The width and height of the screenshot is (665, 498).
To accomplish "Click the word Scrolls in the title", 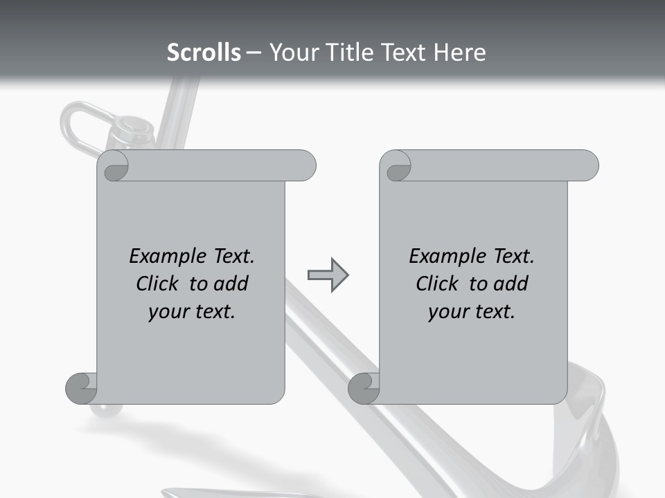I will [204, 53].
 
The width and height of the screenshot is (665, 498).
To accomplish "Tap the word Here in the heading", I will [460, 53].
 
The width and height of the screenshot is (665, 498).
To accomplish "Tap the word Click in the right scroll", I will [438, 284].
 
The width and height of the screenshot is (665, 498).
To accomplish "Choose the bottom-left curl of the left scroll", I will [81, 388].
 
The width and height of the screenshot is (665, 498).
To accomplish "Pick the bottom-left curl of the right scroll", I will [364, 388].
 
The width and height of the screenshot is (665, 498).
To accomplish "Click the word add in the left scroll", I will [230, 284].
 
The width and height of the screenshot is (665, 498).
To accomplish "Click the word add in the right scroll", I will [510, 284].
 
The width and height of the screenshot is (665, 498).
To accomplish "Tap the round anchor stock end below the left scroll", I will [106, 411].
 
